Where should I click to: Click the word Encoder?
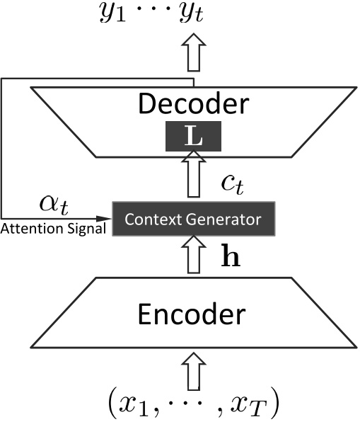pyautogui.click(x=193, y=314)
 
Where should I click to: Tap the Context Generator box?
pyautogui.click(x=193, y=219)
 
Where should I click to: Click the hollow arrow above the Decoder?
pyautogui.click(x=193, y=53)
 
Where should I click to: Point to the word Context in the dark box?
pyautogui.click(x=150, y=219)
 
